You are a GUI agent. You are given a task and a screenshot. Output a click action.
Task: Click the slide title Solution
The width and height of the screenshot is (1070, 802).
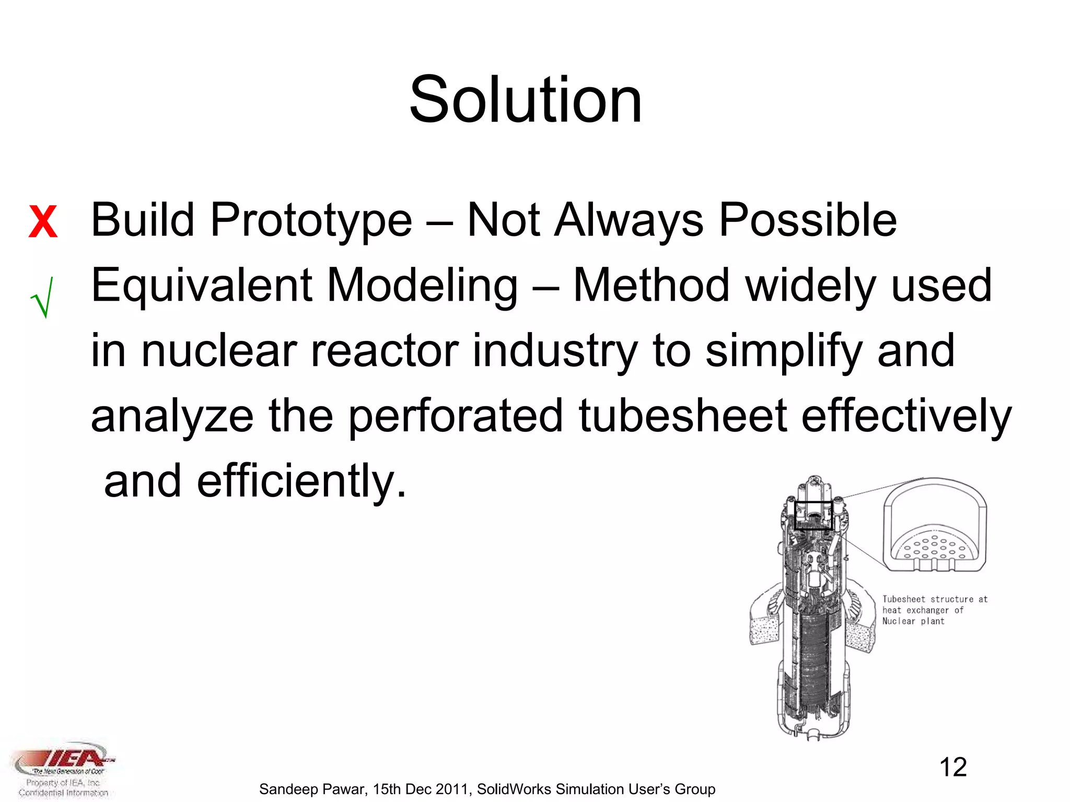525,99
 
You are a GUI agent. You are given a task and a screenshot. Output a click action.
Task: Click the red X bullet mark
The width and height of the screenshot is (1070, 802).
43,222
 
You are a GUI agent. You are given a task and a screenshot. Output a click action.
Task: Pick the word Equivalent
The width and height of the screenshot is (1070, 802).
201,286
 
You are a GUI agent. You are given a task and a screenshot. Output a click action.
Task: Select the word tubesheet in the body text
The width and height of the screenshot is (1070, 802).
682,416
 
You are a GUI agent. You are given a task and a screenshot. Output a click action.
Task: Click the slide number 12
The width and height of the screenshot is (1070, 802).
953,768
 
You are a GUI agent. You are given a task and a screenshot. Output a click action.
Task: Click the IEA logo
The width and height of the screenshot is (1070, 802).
65,760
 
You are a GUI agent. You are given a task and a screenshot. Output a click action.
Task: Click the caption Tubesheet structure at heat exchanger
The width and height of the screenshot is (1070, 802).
934,610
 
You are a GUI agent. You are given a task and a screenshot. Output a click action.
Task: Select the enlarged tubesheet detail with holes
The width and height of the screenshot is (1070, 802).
934,527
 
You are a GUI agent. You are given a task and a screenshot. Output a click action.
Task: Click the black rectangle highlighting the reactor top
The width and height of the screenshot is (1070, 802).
813,515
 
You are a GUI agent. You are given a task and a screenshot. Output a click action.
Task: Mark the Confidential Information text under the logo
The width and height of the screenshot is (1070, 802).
63,793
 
